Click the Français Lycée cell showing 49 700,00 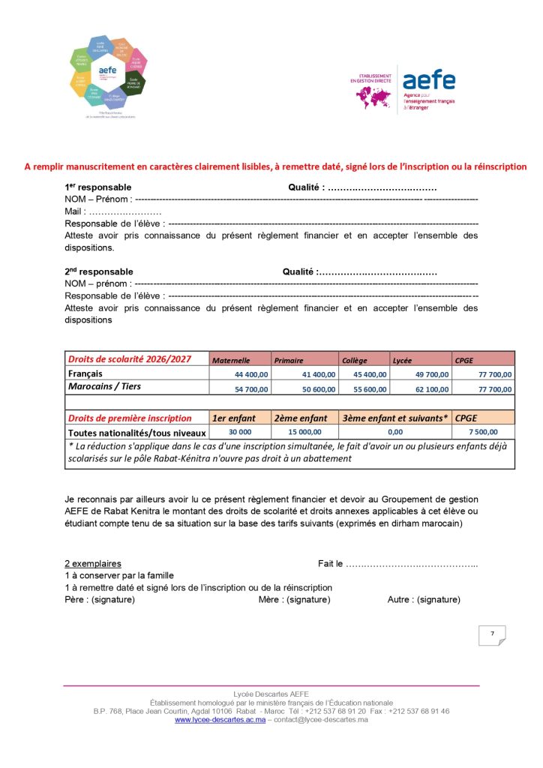pyautogui.click(x=432, y=374)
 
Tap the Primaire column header pyautogui.click(x=289, y=360)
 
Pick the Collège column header pyautogui.click(x=354, y=360)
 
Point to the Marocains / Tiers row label pyautogui.click(x=104, y=387)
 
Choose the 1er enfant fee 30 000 pyautogui.click(x=240, y=433)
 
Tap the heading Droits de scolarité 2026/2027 pyautogui.click(x=130, y=359)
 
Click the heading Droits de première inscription pyautogui.click(x=130, y=418)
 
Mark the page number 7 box pyautogui.click(x=492, y=634)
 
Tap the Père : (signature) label pyautogui.click(x=100, y=600)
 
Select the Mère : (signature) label pyautogui.click(x=294, y=600)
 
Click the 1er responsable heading pyautogui.click(x=98, y=187)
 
